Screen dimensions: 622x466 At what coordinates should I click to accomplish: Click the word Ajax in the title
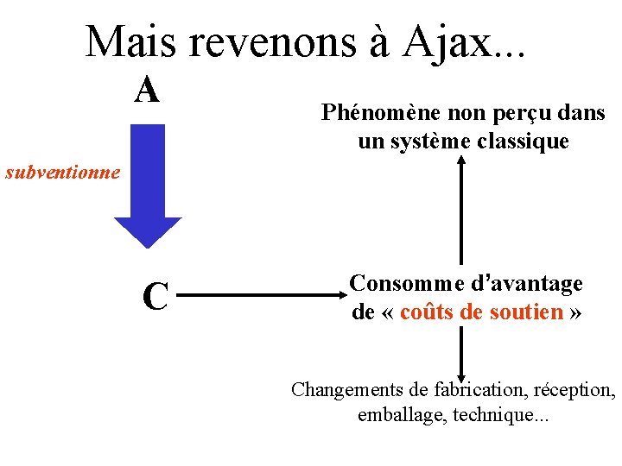(444, 41)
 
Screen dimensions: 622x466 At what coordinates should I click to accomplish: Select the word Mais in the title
(135, 41)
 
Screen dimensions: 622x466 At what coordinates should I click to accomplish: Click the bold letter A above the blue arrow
(148, 89)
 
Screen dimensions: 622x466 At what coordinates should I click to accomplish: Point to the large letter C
(155, 296)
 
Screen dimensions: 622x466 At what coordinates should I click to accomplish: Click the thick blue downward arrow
(148, 186)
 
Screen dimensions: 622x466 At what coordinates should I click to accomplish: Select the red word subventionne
(62, 172)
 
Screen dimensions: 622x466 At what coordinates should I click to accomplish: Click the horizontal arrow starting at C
(259, 296)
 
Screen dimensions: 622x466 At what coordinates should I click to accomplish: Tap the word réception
(569, 390)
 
